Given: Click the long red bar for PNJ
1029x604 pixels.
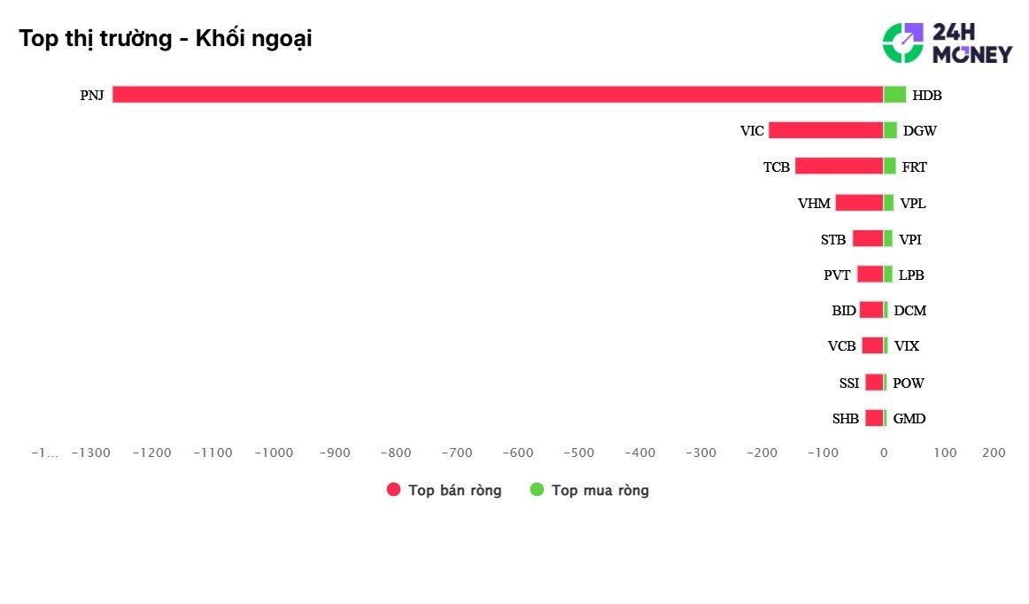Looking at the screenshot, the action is [x=498, y=95].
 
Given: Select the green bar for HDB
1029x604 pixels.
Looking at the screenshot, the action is [x=894, y=95].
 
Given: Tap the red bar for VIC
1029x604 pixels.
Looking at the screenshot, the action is [x=825, y=130].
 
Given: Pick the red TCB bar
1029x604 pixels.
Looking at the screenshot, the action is [x=839, y=166].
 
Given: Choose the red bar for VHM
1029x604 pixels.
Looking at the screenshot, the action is [x=859, y=203].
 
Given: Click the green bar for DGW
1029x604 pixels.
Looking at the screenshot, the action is [x=890, y=130].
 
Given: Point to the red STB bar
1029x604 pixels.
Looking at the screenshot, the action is [x=868, y=238].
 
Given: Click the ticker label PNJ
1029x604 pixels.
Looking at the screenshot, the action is [x=92, y=95].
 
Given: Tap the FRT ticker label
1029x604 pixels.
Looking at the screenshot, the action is [x=914, y=166].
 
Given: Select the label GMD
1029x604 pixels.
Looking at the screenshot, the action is [x=909, y=418].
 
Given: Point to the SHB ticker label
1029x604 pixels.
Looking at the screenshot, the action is [x=845, y=418].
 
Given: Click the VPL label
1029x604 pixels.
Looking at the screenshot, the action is [x=913, y=203].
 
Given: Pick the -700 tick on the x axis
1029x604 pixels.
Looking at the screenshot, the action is [x=457, y=453].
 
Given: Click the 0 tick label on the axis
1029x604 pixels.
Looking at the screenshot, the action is [x=884, y=453].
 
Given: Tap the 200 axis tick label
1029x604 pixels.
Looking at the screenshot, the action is [x=994, y=453].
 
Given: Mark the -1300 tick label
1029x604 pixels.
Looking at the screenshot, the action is [x=90, y=453].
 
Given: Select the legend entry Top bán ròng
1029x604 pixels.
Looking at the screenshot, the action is [x=445, y=490].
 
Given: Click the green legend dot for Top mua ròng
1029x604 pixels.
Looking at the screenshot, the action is [x=537, y=489].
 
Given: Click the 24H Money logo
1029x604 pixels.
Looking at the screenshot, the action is [x=948, y=43].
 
